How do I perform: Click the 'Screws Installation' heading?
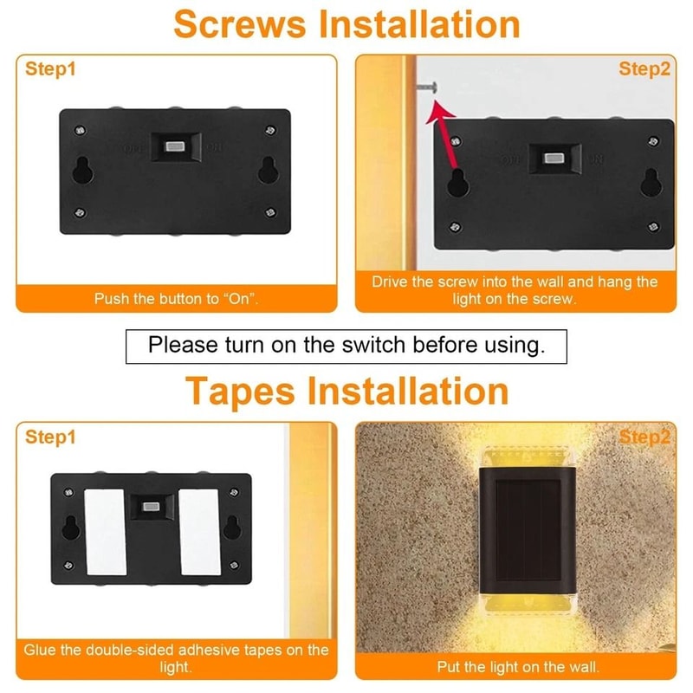tap(346, 23)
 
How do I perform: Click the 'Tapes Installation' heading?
tap(346, 391)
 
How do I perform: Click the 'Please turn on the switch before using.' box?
tap(346, 345)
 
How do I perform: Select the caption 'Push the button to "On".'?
tap(177, 299)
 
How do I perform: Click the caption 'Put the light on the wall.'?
tap(518, 667)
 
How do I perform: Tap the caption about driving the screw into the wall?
tap(515, 290)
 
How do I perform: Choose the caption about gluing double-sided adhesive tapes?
tap(177, 658)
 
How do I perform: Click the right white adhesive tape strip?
tap(198, 530)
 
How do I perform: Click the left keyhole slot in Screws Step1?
tap(83, 172)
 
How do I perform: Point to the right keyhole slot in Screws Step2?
tap(651, 183)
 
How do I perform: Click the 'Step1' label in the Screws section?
tap(50, 69)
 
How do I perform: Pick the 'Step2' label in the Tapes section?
tap(644, 437)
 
